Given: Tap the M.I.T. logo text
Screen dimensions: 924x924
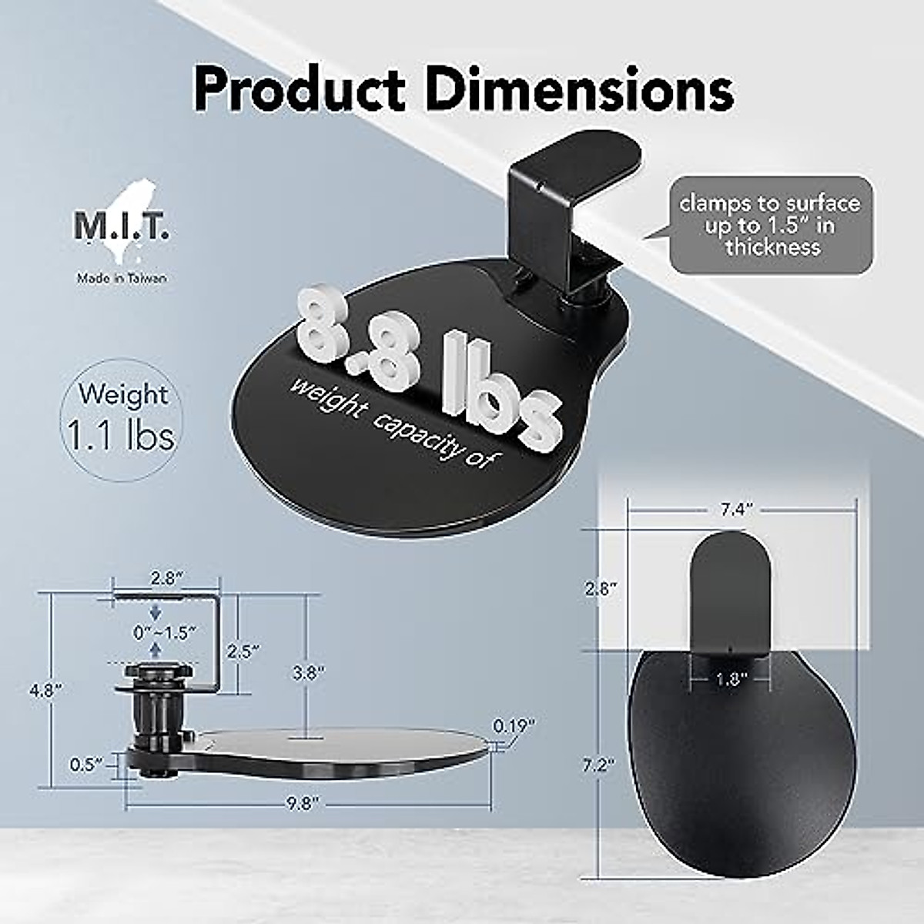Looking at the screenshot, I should click(122, 228).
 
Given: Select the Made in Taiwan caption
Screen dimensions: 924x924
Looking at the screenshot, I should click(121, 279).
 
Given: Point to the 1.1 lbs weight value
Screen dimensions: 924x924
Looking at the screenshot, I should click(121, 437).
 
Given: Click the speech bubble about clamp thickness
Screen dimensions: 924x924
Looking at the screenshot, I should click(768, 225).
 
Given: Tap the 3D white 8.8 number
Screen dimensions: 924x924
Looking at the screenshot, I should click(362, 327).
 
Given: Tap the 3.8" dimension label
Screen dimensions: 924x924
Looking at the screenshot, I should click(306, 671).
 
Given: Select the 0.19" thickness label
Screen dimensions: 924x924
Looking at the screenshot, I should click(514, 725).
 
